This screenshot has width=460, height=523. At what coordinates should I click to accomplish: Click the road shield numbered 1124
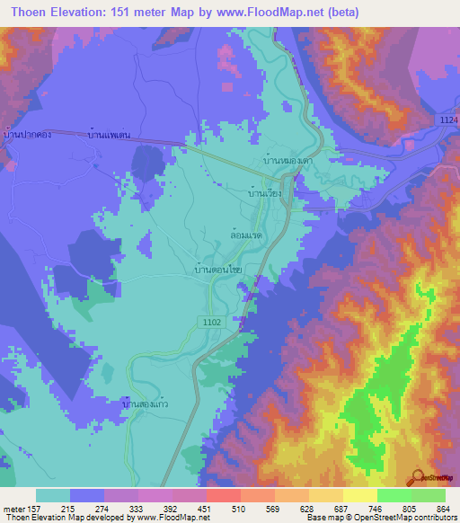pyautogui.click(x=449, y=120)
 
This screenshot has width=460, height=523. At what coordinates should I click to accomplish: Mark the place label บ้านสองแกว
pyautogui.click(x=144, y=405)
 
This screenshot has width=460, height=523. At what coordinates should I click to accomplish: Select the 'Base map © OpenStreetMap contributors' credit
pyautogui.click(x=379, y=518)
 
